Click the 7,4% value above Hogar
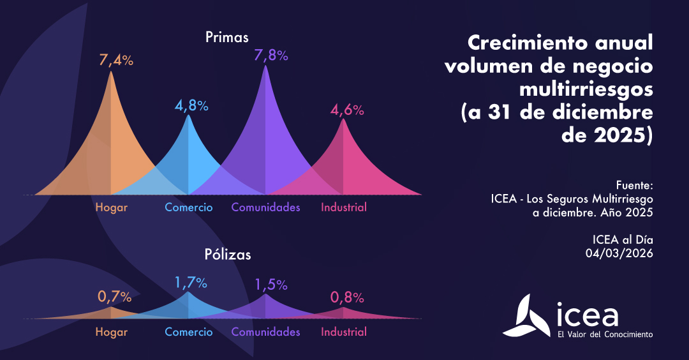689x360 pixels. [x=116, y=61]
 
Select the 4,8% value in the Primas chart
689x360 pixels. [x=191, y=105]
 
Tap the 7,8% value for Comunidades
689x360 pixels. [x=271, y=56]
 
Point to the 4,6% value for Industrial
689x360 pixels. [x=347, y=110]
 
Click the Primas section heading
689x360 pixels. [x=227, y=37]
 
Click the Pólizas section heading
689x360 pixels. [x=228, y=254]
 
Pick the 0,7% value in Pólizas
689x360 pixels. [x=115, y=296]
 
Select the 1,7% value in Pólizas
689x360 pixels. [x=191, y=281]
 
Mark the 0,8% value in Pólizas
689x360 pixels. [x=347, y=297]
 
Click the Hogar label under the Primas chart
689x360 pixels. [x=112, y=207]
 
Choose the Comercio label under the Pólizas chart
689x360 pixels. [x=189, y=332]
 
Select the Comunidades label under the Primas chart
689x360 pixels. [x=265, y=207]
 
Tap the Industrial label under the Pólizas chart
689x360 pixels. [x=344, y=332]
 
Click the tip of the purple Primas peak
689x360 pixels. [x=266, y=67]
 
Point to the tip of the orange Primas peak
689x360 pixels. [x=112, y=73]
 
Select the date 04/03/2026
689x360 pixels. [x=619, y=253]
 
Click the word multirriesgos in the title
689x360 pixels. [x=586, y=89]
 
